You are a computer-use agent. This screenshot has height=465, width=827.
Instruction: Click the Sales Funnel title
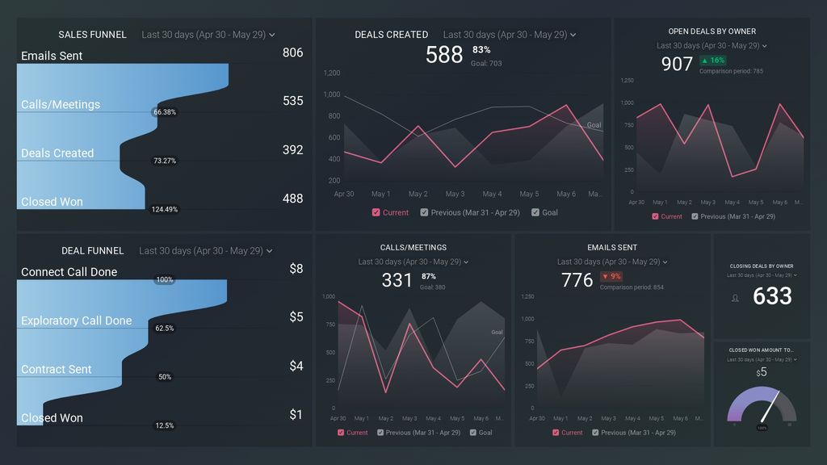tap(92, 35)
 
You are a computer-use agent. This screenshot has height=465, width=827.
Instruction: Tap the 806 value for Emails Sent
tap(292, 52)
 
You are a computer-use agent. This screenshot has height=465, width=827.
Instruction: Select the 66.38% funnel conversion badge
tap(164, 112)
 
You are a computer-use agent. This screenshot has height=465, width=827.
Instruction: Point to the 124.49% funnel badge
tap(164, 210)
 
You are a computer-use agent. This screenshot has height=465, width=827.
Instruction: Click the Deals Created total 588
tap(443, 55)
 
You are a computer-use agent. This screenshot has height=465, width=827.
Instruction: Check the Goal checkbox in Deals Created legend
tap(535, 213)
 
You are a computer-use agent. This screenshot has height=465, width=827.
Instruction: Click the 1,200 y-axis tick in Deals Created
tap(331, 73)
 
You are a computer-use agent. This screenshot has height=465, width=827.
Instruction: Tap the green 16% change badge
tap(713, 61)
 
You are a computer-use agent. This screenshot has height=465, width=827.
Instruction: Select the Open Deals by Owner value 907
tap(677, 64)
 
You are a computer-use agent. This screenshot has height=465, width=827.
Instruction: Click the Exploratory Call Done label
tap(76, 320)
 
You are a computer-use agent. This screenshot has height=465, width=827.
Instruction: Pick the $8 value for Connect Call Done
tap(296, 268)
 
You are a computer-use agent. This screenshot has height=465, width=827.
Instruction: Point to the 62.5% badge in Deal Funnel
tap(164, 329)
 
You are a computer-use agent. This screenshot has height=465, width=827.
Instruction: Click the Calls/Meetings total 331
tap(397, 280)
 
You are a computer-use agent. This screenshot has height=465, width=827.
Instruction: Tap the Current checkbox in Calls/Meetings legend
tap(342, 433)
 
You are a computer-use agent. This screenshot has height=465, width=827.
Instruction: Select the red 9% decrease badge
tap(611, 276)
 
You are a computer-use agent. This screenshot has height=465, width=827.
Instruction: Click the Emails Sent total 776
tap(577, 280)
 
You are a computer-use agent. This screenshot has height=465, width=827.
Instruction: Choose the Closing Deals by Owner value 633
tap(772, 296)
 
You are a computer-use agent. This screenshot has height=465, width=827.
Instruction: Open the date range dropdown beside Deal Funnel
tap(206, 251)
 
